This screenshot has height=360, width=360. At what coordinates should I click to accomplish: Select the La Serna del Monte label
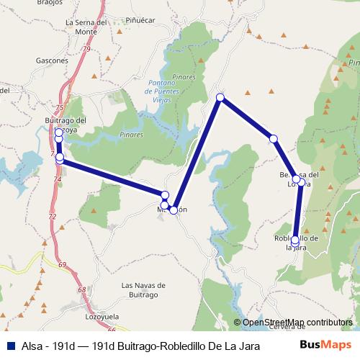click(x=81, y=27)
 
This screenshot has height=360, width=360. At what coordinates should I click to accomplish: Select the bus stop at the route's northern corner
click(x=220, y=98)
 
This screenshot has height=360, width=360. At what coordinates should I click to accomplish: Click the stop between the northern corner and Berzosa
click(x=274, y=138)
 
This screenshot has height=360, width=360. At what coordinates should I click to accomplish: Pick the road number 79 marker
click(x=86, y=49)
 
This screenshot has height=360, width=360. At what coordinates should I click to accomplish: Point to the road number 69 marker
click(x=63, y=265)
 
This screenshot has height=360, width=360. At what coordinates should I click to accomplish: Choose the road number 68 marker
click(x=81, y=289)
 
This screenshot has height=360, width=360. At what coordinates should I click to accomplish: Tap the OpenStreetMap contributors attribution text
click(x=297, y=323)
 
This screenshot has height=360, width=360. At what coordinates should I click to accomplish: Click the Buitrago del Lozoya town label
click(x=66, y=124)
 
